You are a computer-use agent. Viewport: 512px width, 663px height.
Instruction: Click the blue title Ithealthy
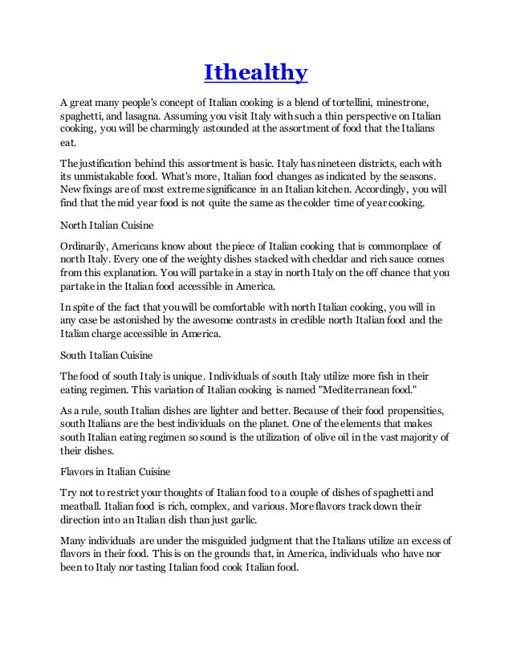click(x=256, y=74)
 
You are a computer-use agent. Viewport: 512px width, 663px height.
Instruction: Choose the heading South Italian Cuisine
click(x=108, y=353)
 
